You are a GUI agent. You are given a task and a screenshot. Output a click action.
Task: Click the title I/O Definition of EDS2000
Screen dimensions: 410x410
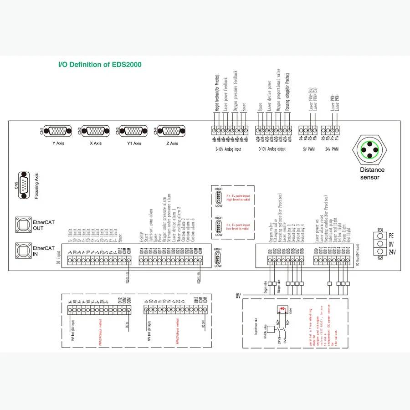pyautogui.click(x=100, y=65)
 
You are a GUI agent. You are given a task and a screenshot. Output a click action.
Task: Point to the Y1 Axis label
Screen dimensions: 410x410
pyautogui.click(x=134, y=143)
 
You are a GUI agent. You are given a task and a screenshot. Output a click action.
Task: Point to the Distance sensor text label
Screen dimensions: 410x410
pyautogui.click(x=373, y=173)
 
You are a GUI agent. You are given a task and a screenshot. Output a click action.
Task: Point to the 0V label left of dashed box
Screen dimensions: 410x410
pyautogui.click(x=238, y=296)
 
